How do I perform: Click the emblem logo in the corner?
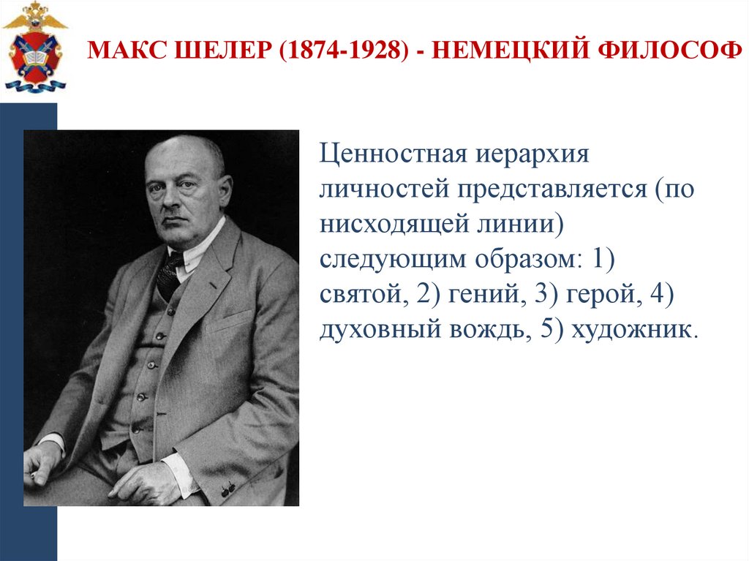click(34, 47)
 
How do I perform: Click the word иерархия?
click(522, 156)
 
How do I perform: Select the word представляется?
click(549, 190)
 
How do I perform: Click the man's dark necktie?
click(170, 272)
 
